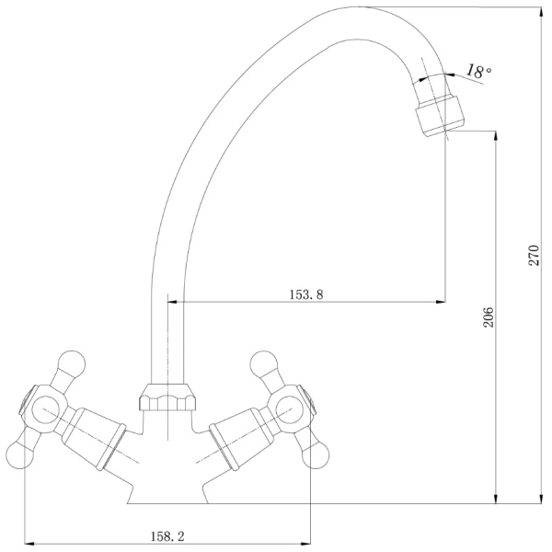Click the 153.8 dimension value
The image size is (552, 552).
[306, 294]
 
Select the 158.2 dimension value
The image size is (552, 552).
[167, 536]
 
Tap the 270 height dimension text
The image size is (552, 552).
[534, 255]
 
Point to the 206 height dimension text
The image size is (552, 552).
[489, 316]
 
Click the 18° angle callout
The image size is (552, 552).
[478, 71]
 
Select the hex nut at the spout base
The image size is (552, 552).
[167, 397]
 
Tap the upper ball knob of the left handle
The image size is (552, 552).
[72, 363]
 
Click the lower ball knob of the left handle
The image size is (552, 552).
[20, 454]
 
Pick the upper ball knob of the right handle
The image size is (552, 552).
[264, 363]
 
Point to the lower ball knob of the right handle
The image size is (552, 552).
[316, 454]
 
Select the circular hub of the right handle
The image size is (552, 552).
[290, 409]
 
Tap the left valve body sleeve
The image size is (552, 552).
[94, 438]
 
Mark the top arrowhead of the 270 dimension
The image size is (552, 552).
[541, 11]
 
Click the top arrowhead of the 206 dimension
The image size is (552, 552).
[496, 136]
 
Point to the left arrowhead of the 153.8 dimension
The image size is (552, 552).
[172, 302]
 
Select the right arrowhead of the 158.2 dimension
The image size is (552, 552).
[305, 544]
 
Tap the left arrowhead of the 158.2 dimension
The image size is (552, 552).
[29, 544]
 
